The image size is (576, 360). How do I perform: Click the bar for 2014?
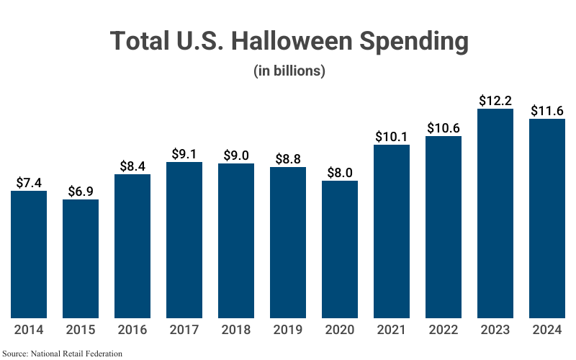pyautogui.click(x=29, y=253)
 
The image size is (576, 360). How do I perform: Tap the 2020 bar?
pyautogui.click(x=340, y=248)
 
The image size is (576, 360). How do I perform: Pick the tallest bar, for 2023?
pyautogui.click(x=495, y=213)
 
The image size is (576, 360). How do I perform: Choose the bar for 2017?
pyautogui.click(x=184, y=240)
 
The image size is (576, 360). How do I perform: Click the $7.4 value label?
pyautogui.click(x=29, y=183)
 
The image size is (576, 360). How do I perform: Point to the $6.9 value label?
pyautogui.click(x=81, y=192)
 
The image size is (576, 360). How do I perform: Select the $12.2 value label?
pyautogui.click(x=495, y=101)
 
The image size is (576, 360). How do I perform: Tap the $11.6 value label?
pyautogui.click(x=547, y=111)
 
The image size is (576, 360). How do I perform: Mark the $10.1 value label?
pyautogui.click(x=392, y=137)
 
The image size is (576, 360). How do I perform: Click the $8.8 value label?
pyautogui.click(x=288, y=159)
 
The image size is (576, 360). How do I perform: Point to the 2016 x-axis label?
pyautogui.click(x=132, y=330)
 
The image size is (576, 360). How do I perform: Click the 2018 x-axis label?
pyautogui.click(x=236, y=330)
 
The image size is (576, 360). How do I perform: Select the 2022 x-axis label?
pyautogui.click(x=444, y=330)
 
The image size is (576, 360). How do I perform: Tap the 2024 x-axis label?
pyautogui.click(x=547, y=330)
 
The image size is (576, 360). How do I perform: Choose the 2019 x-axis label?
pyautogui.click(x=288, y=330)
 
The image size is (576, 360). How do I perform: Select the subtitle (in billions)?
pyautogui.click(x=289, y=71)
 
